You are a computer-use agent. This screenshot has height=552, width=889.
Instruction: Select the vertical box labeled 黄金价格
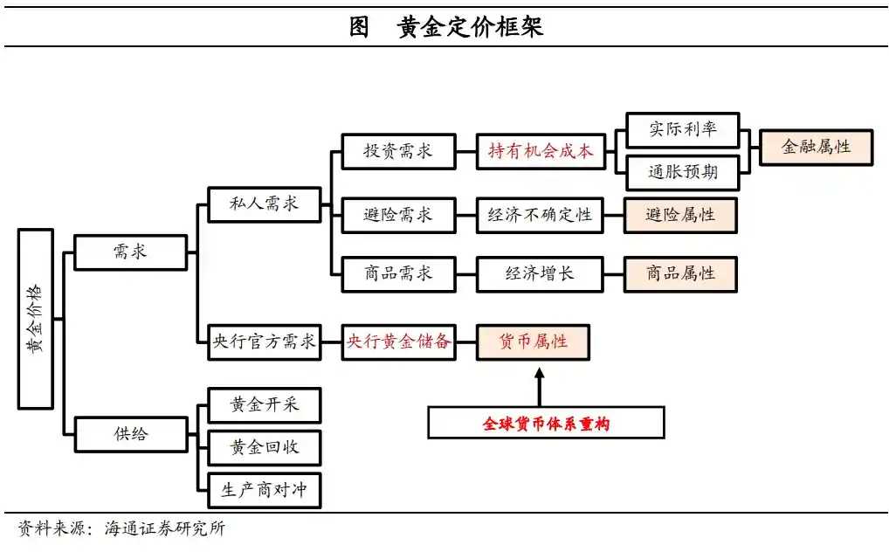[36, 319]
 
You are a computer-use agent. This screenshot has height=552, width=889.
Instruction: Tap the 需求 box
[130, 252]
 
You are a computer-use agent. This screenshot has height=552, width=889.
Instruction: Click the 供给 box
[130, 434]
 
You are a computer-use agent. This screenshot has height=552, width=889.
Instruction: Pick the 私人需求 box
[264, 204]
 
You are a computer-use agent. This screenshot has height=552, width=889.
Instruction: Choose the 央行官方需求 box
[264, 342]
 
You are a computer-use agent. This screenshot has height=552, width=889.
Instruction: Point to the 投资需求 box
[397, 151]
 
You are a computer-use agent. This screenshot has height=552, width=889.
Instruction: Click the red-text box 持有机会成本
[540, 151]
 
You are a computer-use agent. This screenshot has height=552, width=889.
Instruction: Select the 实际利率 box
[682, 130]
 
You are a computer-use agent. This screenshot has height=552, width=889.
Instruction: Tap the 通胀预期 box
[682, 172]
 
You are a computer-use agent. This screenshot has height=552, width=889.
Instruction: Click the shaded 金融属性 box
[816, 147]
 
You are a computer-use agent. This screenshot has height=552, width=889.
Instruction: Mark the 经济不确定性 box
[540, 215]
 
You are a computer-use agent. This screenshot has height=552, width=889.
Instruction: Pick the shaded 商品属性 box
[680, 273]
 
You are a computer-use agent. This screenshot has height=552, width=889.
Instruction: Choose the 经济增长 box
[540, 273]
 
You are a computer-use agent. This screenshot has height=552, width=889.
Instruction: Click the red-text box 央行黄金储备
[397, 342]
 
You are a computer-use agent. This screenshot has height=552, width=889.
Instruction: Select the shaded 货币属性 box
[533, 342]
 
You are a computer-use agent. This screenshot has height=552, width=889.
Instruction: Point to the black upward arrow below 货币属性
[539, 385]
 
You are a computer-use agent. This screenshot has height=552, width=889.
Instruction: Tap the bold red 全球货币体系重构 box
[546, 424]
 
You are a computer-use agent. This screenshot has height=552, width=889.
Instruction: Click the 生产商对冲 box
[264, 490]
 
